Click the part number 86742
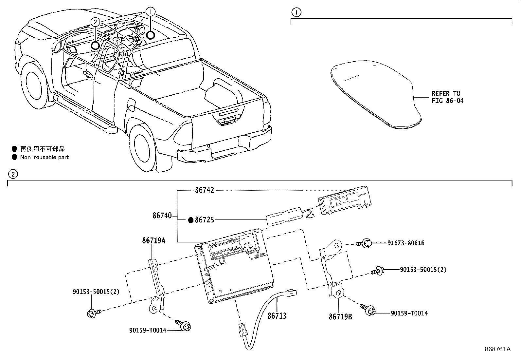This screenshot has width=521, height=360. [x=205, y=190]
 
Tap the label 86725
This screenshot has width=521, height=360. [x=205, y=220]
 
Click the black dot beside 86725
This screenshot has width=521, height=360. [x=191, y=220]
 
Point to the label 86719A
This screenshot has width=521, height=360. [x=153, y=241]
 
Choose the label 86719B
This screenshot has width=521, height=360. [x=341, y=317]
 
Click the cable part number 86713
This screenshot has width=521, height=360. [x=277, y=316]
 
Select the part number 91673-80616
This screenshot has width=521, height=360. [x=406, y=243]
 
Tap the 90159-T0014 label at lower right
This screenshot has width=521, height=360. [x=409, y=313]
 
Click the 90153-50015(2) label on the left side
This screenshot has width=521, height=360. [x=96, y=292]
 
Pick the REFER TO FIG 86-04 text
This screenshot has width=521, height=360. [x=447, y=97]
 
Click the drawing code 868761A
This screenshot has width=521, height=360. [x=497, y=349]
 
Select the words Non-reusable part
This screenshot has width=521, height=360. [x=45, y=157]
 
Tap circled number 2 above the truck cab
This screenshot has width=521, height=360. [x=95, y=22]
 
